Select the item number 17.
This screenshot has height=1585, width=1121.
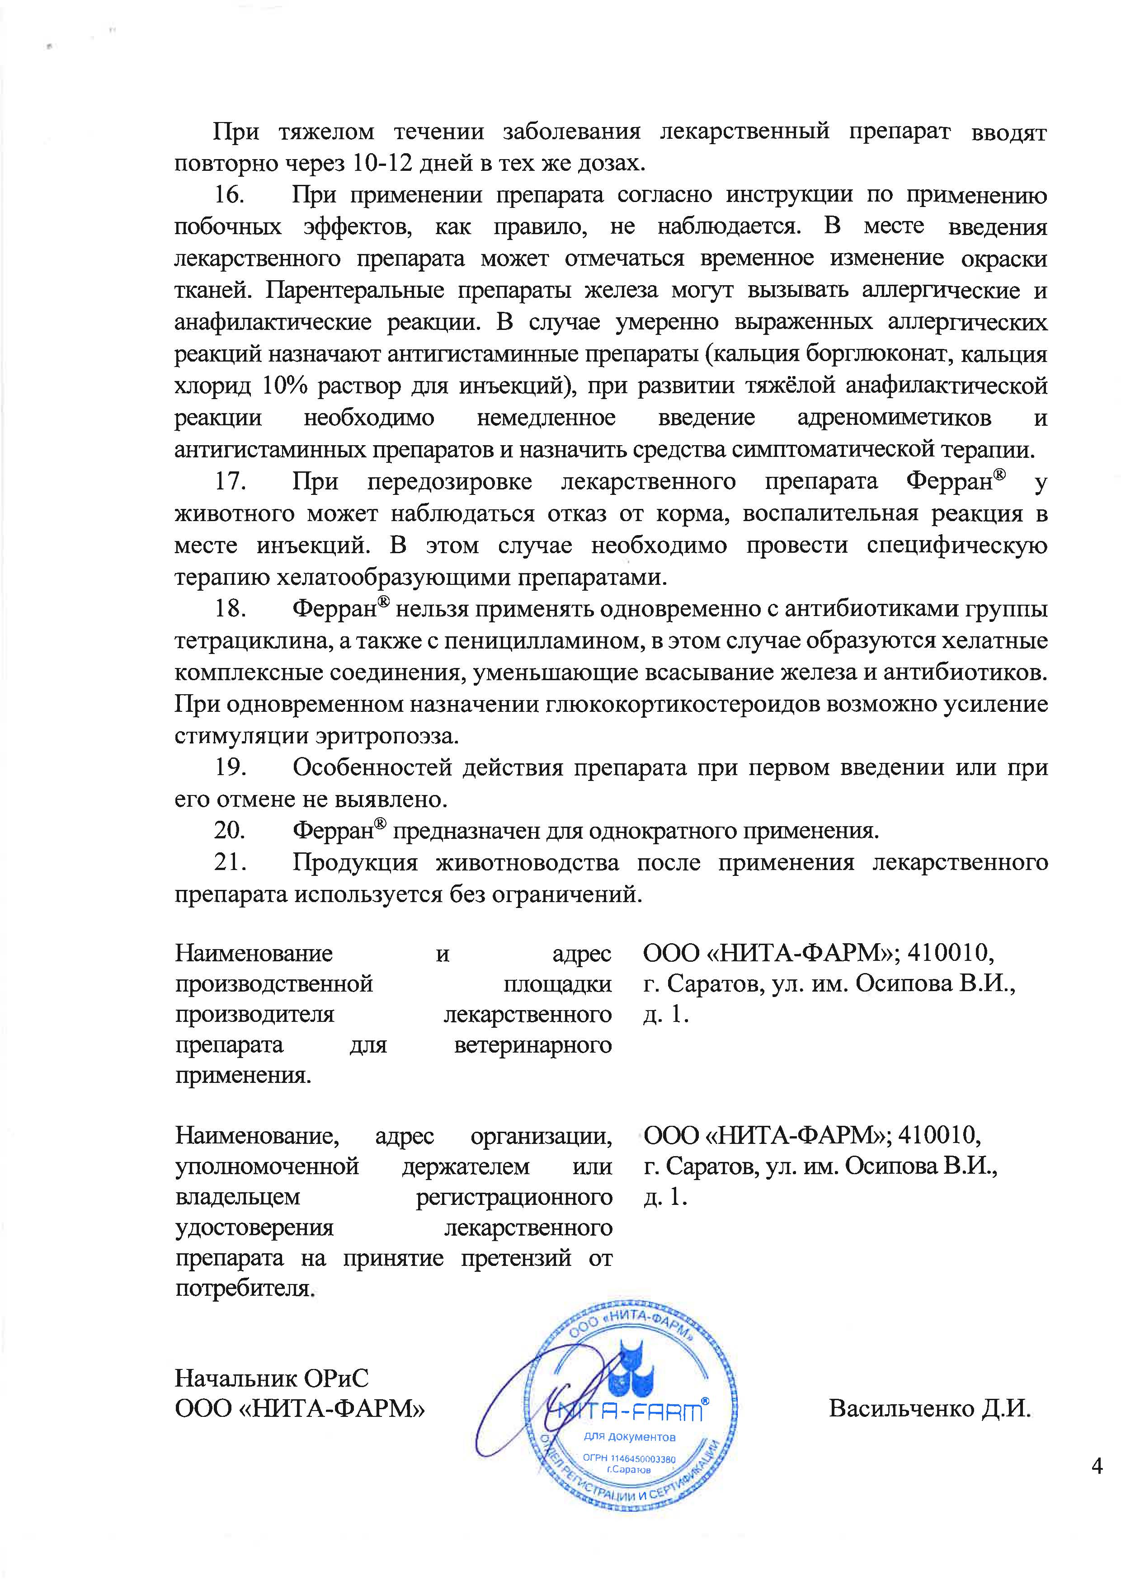[x=230, y=481]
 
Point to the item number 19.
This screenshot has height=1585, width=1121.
[x=230, y=767]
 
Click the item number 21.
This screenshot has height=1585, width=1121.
[x=230, y=862]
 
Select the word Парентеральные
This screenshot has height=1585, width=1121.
[x=355, y=291]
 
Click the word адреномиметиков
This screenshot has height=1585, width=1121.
[x=894, y=418]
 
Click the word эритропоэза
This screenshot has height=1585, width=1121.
[x=387, y=736]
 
